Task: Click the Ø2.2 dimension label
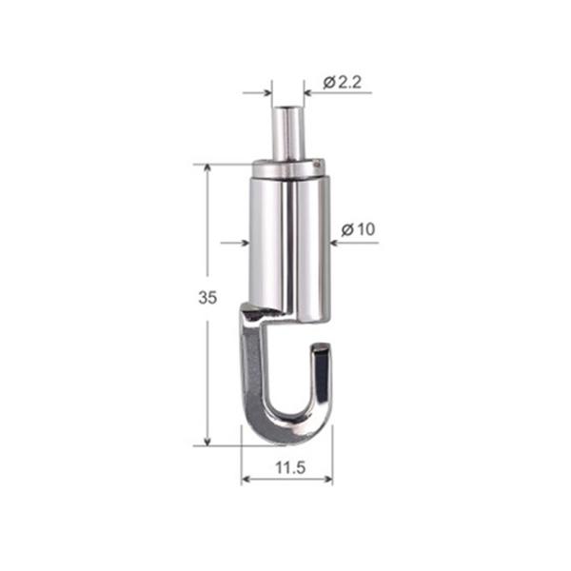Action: tap(343, 83)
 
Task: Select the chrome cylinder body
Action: tap(287, 238)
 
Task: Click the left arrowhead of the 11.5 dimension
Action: tap(246, 477)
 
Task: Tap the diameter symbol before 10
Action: tap(347, 229)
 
